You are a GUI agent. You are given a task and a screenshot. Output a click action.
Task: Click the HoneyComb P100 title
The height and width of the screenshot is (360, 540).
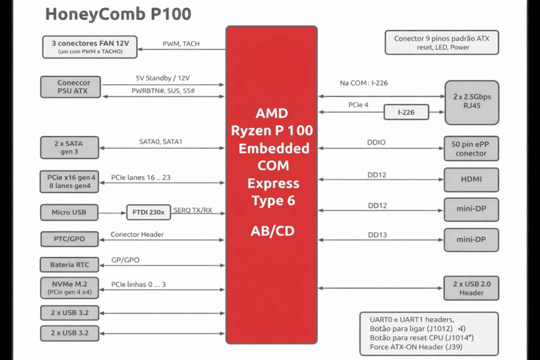pos(118,14)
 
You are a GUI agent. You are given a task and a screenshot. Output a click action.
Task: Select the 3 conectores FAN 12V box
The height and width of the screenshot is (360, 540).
pos(90,46)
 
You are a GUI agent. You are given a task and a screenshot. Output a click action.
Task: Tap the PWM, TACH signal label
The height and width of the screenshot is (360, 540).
pos(180,44)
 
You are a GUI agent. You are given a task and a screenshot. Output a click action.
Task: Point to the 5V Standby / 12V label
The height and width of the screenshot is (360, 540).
pos(163,78)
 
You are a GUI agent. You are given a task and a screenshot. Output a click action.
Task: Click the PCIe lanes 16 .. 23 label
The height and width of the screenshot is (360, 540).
pos(141,178)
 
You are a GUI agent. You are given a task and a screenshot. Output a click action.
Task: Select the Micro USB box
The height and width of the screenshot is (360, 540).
pos(69,212)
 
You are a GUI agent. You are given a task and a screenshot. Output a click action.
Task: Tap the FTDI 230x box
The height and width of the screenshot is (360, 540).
pos(148,212)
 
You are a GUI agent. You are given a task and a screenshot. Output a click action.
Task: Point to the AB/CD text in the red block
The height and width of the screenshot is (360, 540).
pos(272,231)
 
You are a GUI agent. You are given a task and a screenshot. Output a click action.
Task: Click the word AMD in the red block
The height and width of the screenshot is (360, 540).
pos(272,113)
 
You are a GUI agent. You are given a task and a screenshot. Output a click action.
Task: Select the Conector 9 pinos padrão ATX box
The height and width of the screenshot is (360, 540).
pos(442,43)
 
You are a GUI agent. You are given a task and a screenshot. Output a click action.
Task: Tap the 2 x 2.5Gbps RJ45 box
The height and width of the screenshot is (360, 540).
pos(471,102)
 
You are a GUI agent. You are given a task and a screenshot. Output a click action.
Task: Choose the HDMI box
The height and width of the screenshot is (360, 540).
pos(471,180)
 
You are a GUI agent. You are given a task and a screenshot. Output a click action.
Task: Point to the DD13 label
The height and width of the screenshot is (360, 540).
pos(377,235)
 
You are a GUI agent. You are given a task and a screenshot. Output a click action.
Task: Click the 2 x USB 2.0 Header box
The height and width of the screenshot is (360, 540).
pos(471,288)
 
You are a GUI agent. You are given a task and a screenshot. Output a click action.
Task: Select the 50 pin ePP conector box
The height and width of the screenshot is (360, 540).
pos(471,148)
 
